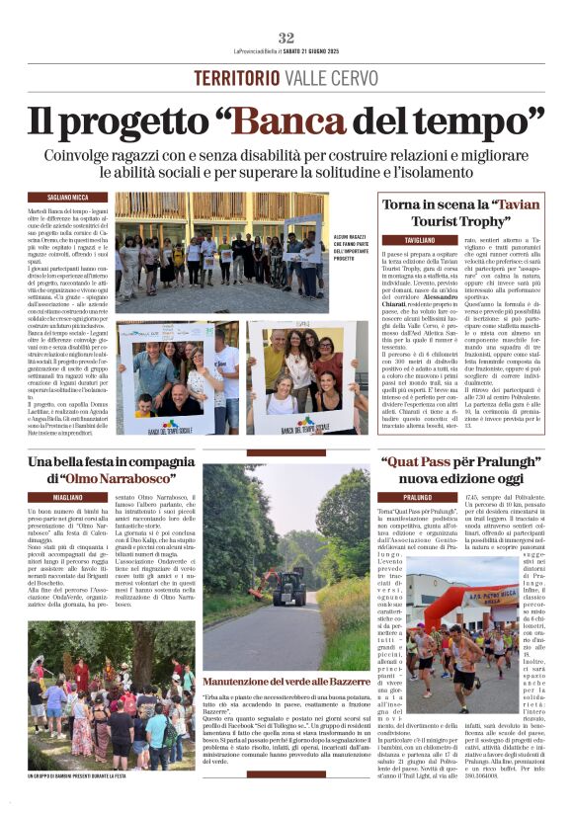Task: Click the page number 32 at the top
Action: [286, 38]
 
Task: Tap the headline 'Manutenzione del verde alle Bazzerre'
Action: [286, 682]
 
